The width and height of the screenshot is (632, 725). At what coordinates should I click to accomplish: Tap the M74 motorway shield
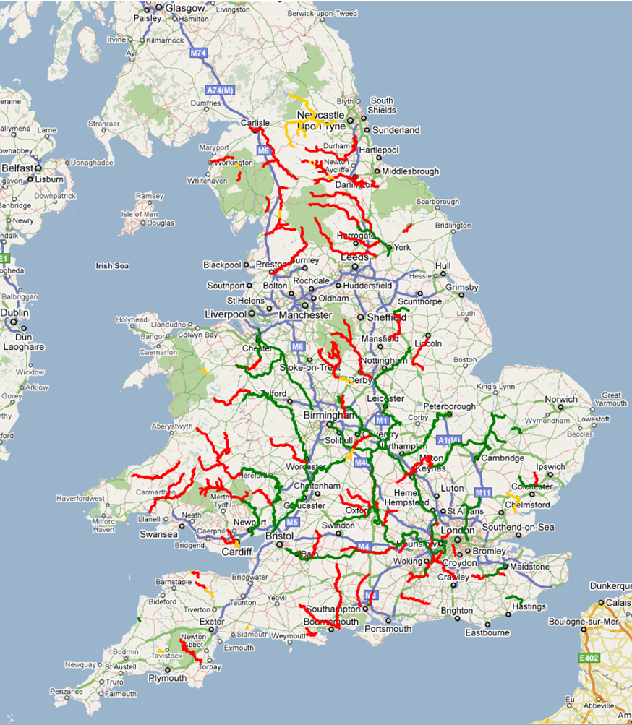tap(198, 53)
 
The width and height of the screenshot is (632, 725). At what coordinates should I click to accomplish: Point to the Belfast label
tap(17, 168)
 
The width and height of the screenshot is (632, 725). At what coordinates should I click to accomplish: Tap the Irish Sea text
tap(112, 266)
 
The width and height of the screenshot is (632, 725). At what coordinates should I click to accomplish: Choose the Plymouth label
tap(167, 678)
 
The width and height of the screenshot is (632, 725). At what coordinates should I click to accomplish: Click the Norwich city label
tap(561, 399)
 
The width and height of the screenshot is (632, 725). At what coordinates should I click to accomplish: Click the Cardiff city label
tap(236, 552)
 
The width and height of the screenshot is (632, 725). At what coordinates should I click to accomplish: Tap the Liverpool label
tap(226, 314)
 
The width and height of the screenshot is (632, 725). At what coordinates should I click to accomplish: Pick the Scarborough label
tap(437, 202)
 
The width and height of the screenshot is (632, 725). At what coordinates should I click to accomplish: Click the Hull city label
tap(443, 266)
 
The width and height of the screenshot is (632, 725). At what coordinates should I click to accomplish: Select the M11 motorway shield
tap(483, 492)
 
